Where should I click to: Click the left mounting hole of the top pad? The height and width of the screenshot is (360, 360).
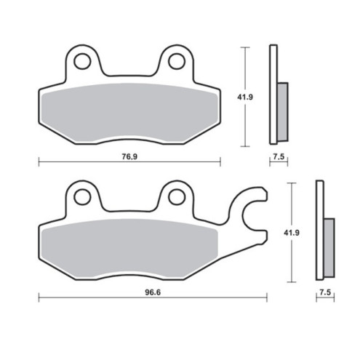click(x=82, y=61)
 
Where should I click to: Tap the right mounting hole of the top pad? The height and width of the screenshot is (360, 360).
click(x=176, y=61)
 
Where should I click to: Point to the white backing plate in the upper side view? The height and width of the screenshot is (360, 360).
click(x=273, y=95)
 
